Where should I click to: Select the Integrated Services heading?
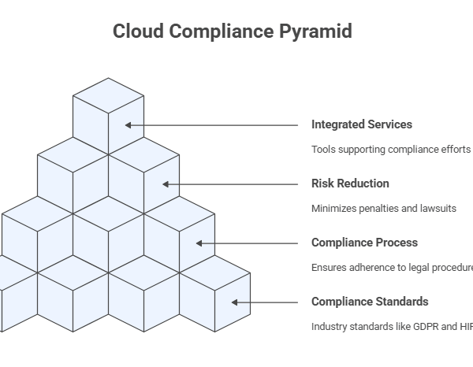[x=361, y=124]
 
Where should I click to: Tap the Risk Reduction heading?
[x=350, y=183]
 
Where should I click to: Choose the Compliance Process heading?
[x=364, y=243]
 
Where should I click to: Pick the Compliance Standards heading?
[x=370, y=302]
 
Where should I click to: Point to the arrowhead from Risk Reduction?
[x=165, y=184]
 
